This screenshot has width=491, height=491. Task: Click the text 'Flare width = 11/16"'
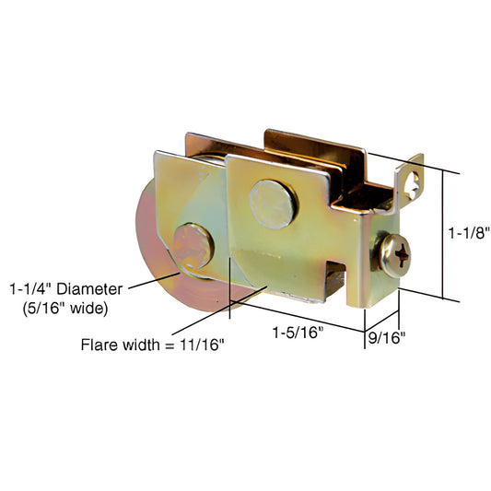(x=152, y=345)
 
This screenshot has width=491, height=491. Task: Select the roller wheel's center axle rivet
(x=192, y=244)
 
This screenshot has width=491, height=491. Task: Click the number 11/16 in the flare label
(x=205, y=345)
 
